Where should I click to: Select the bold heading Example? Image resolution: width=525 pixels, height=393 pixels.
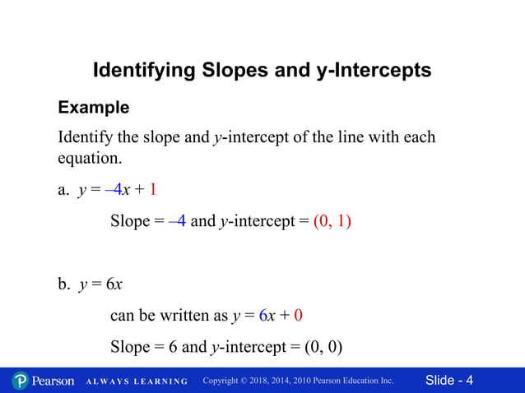point(93,108)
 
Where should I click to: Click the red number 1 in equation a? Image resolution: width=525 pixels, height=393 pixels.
point(153,191)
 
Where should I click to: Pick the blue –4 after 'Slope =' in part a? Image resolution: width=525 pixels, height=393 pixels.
point(177,222)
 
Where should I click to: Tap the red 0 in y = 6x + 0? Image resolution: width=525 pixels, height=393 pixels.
point(298,316)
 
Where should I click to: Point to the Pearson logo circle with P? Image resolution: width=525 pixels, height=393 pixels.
point(21,381)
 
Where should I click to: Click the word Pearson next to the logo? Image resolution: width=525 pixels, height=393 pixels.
point(54,381)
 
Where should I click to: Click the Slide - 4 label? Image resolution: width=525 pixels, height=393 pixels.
point(449,380)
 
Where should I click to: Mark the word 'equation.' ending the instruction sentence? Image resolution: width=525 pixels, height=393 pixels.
point(89,156)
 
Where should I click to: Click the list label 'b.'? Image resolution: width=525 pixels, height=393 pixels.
point(64,284)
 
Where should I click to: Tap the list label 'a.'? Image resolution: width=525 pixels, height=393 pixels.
point(63,191)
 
